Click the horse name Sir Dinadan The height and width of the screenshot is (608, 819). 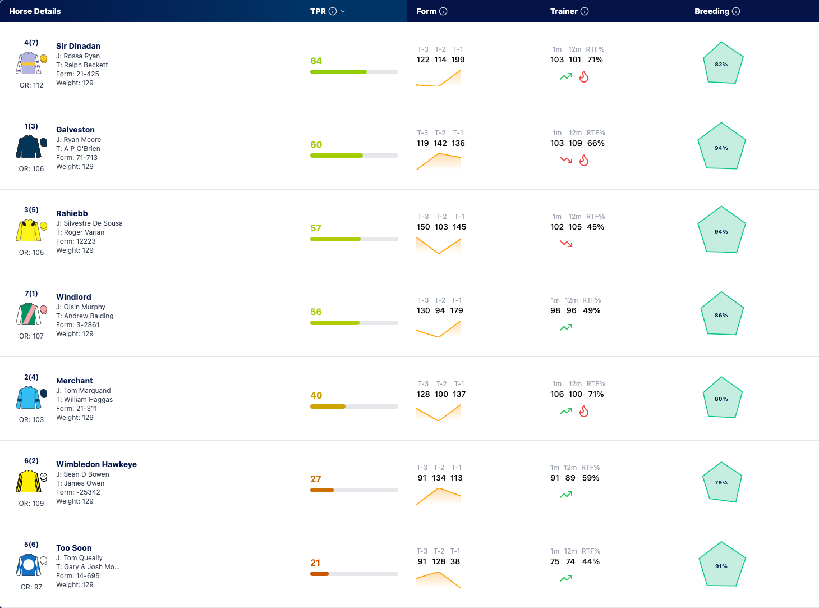(x=78, y=46)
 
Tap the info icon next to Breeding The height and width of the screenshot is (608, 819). (x=736, y=11)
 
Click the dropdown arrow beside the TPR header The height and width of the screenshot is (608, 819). (x=343, y=11)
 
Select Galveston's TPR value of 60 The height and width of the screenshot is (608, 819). (x=316, y=144)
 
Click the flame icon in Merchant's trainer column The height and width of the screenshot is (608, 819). (x=584, y=411)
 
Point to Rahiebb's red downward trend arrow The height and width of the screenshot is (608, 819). (x=566, y=244)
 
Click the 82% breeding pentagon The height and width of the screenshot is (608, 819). (x=723, y=63)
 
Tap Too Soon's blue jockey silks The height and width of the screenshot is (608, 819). (x=29, y=565)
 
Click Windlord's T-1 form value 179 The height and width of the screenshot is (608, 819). (x=457, y=311)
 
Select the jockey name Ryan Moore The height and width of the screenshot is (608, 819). (x=82, y=140)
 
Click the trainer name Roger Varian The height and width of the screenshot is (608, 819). (x=84, y=232)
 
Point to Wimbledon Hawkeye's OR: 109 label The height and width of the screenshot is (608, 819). (x=31, y=504)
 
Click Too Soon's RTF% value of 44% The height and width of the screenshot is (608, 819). (x=591, y=562)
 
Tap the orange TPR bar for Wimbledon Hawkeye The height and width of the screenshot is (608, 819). (x=322, y=490)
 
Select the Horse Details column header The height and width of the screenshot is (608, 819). (x=35, y=11)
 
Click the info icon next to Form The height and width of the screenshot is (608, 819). (x=443, y=11)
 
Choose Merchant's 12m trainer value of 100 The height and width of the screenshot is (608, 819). (x=576, y=394)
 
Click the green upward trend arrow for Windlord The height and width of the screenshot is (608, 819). (x=566, y=327)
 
